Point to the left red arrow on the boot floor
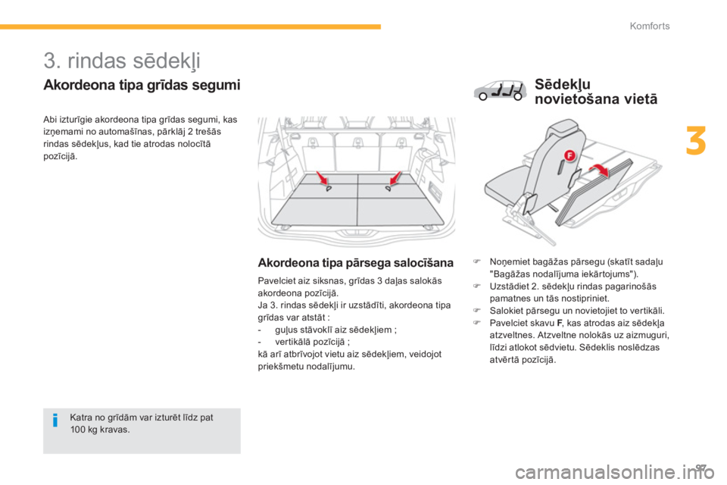pyautogui.click(x=323, y=180)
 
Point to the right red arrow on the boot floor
pyautogui.click(x=394, y=180)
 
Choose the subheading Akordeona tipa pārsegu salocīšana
pyautogui.click(x=355, y=264)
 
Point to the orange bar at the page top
pyautogui.click(x=189, y=27)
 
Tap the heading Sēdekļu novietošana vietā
pyautogui.click(x=596, y=91)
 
